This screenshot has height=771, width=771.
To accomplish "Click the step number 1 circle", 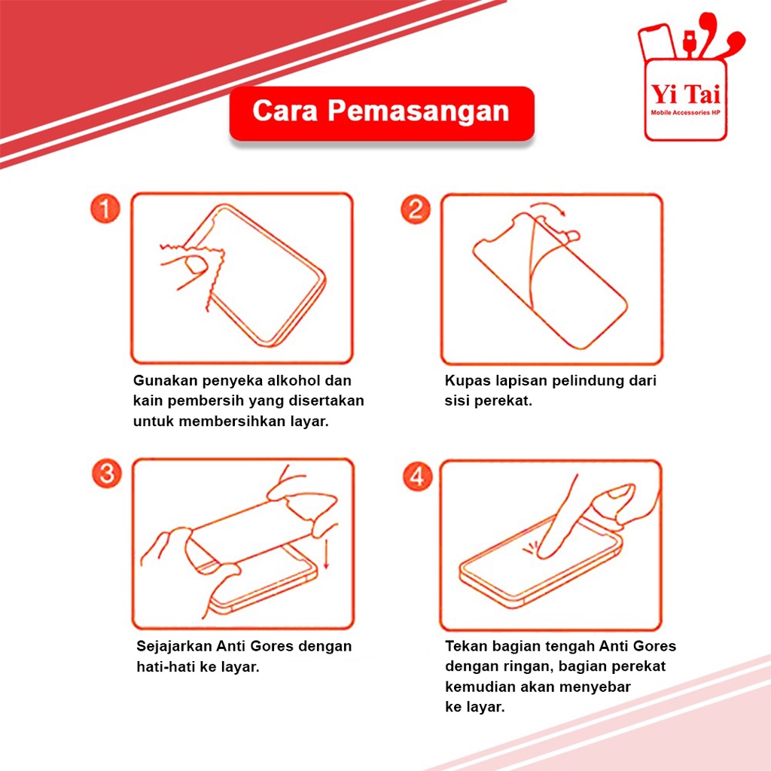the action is point(105,209).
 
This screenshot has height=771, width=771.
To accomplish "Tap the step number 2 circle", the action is point(416,209).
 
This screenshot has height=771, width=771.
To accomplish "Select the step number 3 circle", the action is point(107,474).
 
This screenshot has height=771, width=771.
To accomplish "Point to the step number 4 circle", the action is point(417,476).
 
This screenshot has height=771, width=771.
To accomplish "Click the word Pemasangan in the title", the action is point(419,111).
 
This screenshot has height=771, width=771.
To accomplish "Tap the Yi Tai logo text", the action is point(685,94).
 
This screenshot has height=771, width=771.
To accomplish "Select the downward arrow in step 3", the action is point(325,553).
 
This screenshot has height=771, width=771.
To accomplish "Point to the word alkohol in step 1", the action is point(294,380).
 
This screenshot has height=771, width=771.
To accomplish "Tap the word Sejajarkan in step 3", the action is point(175,646).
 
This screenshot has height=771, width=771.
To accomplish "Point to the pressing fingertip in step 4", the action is point(544,553).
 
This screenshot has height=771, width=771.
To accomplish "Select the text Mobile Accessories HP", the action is point(685,113).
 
